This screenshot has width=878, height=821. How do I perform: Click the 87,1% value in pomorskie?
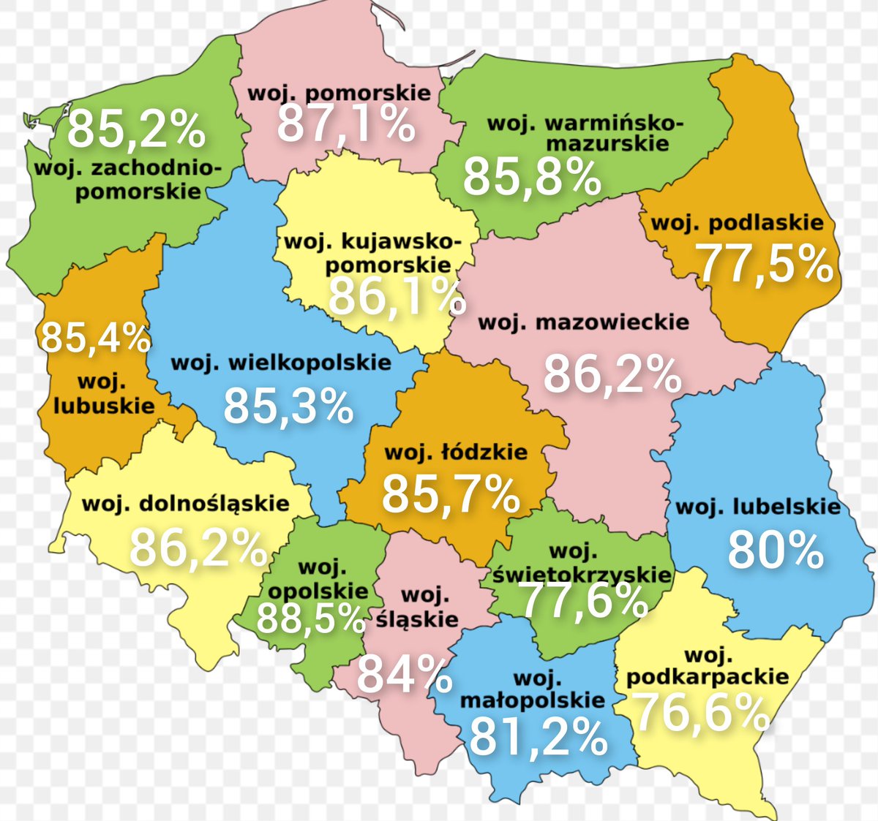(345, 124)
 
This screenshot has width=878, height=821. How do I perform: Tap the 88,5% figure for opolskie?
(310, 619)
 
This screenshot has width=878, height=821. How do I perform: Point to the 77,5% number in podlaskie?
(764, 264)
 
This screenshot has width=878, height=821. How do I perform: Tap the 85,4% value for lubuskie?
(95, 338)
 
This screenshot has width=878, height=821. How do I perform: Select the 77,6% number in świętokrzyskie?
(583, 601)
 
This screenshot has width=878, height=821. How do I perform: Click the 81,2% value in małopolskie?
(538, 736)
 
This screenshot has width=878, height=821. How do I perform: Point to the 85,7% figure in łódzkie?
(451, 493)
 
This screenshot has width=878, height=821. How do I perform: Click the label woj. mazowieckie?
(583, 322)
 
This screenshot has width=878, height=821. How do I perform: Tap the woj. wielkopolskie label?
(281, 363)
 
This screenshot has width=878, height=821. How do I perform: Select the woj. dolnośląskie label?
(186, 504)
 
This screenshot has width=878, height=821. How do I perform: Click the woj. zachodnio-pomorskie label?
(128, 180)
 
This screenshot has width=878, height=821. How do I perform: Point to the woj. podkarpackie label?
(708, 666)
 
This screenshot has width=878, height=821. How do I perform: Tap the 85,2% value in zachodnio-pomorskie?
(136, 129)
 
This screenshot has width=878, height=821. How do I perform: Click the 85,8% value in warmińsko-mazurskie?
(532, 177)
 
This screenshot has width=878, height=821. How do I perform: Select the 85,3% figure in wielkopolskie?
(288, 406)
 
